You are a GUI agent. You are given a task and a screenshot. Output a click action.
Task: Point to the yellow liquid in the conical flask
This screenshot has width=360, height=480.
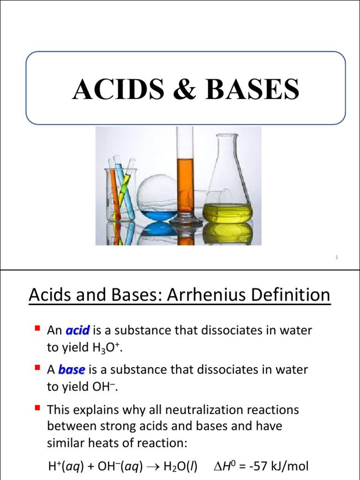tap(228, 213)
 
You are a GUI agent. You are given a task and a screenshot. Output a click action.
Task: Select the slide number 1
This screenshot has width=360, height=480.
tap(337, 258)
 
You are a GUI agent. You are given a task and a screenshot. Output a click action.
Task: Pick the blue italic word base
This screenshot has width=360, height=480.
tap(71, 370)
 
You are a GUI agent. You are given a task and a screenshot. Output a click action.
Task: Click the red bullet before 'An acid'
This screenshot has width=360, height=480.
tap(38, 329)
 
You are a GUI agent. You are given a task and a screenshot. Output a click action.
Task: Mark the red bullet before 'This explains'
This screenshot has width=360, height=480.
tap(38, 409)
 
